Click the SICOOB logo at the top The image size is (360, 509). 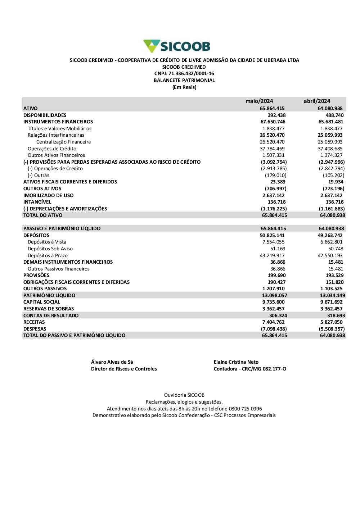click(x=177, y=46)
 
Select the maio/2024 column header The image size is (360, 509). click(x=259, y=101)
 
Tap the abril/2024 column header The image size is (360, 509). click(x=317, y=101)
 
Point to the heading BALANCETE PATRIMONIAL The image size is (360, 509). click(x=184, y=81)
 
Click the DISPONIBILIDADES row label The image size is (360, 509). click(x=45, y=115)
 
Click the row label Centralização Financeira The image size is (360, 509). click(x=63, y=142)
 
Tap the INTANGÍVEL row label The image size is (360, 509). click(x=37, y=202)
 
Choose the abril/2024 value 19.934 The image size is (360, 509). click(x=336, y=182)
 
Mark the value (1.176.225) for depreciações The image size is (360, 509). click(x=274, y=209)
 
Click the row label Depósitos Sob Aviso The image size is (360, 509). click(x=50, y=249)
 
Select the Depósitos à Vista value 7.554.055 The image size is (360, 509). click(x=273, y=242)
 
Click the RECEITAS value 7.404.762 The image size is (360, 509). click(x=273, y=322)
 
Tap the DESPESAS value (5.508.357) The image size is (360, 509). click(x=332, y=329)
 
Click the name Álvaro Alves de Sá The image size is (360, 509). click(x=112, y=362)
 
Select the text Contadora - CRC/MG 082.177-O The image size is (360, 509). click(x=250, y=369)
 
